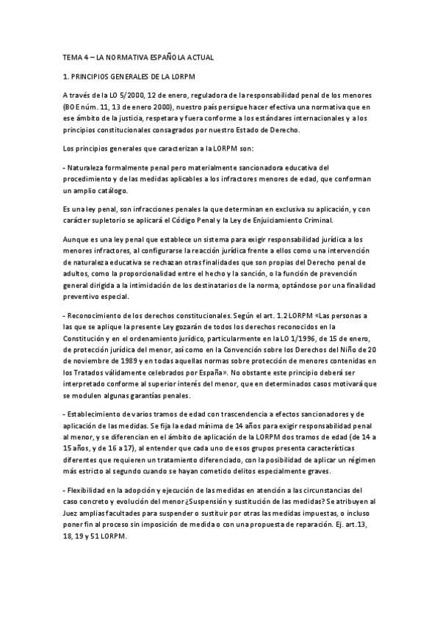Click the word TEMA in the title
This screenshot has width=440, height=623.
click(x=72, y=57)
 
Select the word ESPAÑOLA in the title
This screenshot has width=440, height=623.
click(x=168, y=57)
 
